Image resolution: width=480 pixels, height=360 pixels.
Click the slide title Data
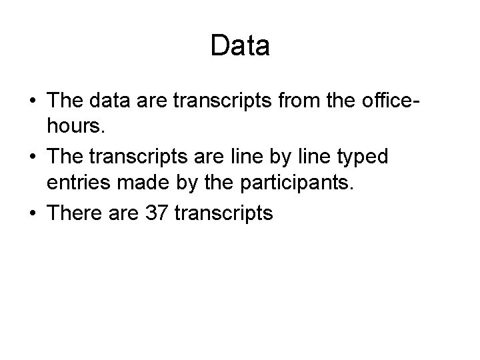pyautogui.click(x=240, y=45)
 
